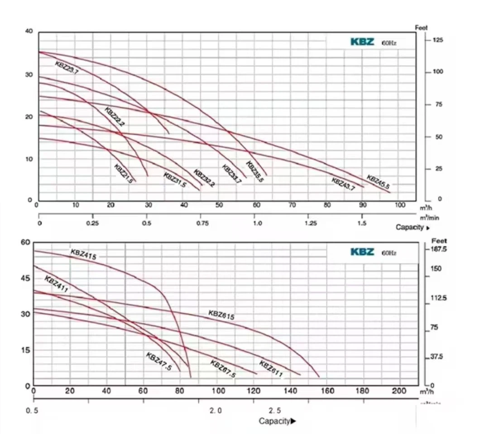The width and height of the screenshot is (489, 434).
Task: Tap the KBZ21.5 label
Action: point(124,172)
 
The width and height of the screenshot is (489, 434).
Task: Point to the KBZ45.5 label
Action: point(378,181)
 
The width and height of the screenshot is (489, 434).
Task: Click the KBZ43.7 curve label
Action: point(343,184)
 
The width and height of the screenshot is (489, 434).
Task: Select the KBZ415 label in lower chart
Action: point(83,254)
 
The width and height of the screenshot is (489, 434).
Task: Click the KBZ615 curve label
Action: point(221,315)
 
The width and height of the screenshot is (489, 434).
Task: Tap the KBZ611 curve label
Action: point(271,368)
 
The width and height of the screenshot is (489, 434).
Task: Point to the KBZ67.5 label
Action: point(223,368)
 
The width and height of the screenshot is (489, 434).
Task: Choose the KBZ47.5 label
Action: point(158,361)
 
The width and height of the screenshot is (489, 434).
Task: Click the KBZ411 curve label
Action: point(56,284)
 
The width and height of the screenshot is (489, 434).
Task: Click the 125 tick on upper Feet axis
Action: point(438,40)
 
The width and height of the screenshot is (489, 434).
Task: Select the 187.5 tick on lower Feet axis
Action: point(439,249)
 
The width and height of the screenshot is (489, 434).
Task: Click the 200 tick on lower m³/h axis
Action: point(399,391)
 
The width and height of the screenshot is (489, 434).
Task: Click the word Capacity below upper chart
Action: point(410,227)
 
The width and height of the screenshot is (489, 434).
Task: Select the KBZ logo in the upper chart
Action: point(362,42)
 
